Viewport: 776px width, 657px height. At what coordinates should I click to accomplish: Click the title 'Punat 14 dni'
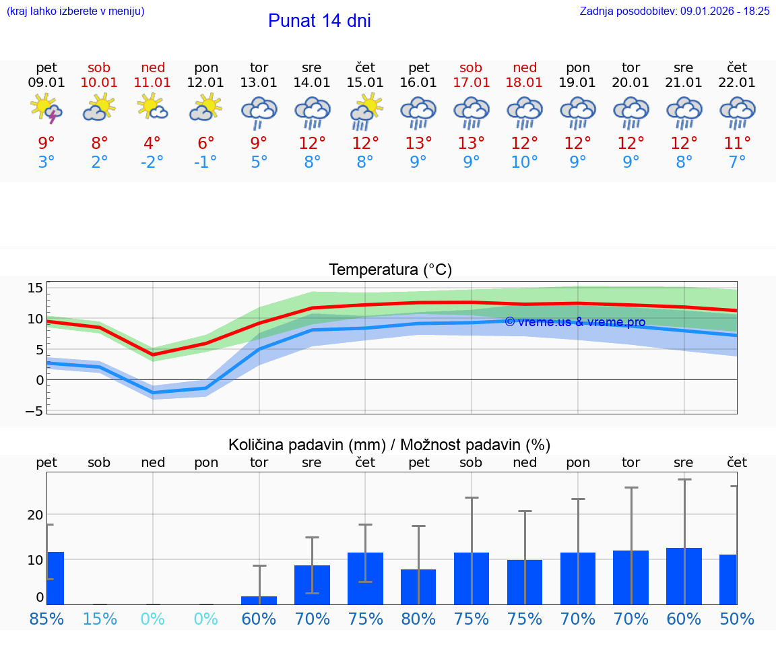(319, 21)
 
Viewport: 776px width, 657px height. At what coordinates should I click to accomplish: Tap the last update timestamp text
(674, 11)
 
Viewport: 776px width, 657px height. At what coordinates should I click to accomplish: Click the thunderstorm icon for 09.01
(46, 109)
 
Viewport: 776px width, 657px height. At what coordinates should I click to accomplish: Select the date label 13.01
(259, 82)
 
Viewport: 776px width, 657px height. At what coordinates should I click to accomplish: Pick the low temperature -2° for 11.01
(152, 162)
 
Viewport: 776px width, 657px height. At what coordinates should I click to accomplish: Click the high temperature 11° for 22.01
(737, 143)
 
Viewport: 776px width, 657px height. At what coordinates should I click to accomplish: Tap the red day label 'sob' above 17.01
(471, 67)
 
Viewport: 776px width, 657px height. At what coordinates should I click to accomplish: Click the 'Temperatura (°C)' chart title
(390, 270)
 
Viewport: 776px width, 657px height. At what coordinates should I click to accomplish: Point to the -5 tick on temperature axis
(34, 410)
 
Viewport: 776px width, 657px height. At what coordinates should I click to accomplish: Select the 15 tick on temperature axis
(35, 288)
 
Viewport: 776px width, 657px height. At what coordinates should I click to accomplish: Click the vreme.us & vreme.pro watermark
(575, 322)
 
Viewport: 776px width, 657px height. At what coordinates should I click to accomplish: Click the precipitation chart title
(389, 445)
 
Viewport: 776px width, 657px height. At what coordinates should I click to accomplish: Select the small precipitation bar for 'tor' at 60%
(259, 600)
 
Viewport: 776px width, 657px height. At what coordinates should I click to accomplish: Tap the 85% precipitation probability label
(46, 619)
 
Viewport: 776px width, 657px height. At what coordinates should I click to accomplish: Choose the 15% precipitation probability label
(99, 619)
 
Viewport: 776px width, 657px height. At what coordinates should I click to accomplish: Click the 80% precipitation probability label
(418, 619)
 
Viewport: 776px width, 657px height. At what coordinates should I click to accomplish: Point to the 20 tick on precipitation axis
(35, 515)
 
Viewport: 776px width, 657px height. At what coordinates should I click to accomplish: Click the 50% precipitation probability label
(737, 619)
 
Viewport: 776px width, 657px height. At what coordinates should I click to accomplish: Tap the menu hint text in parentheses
(75, 11)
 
